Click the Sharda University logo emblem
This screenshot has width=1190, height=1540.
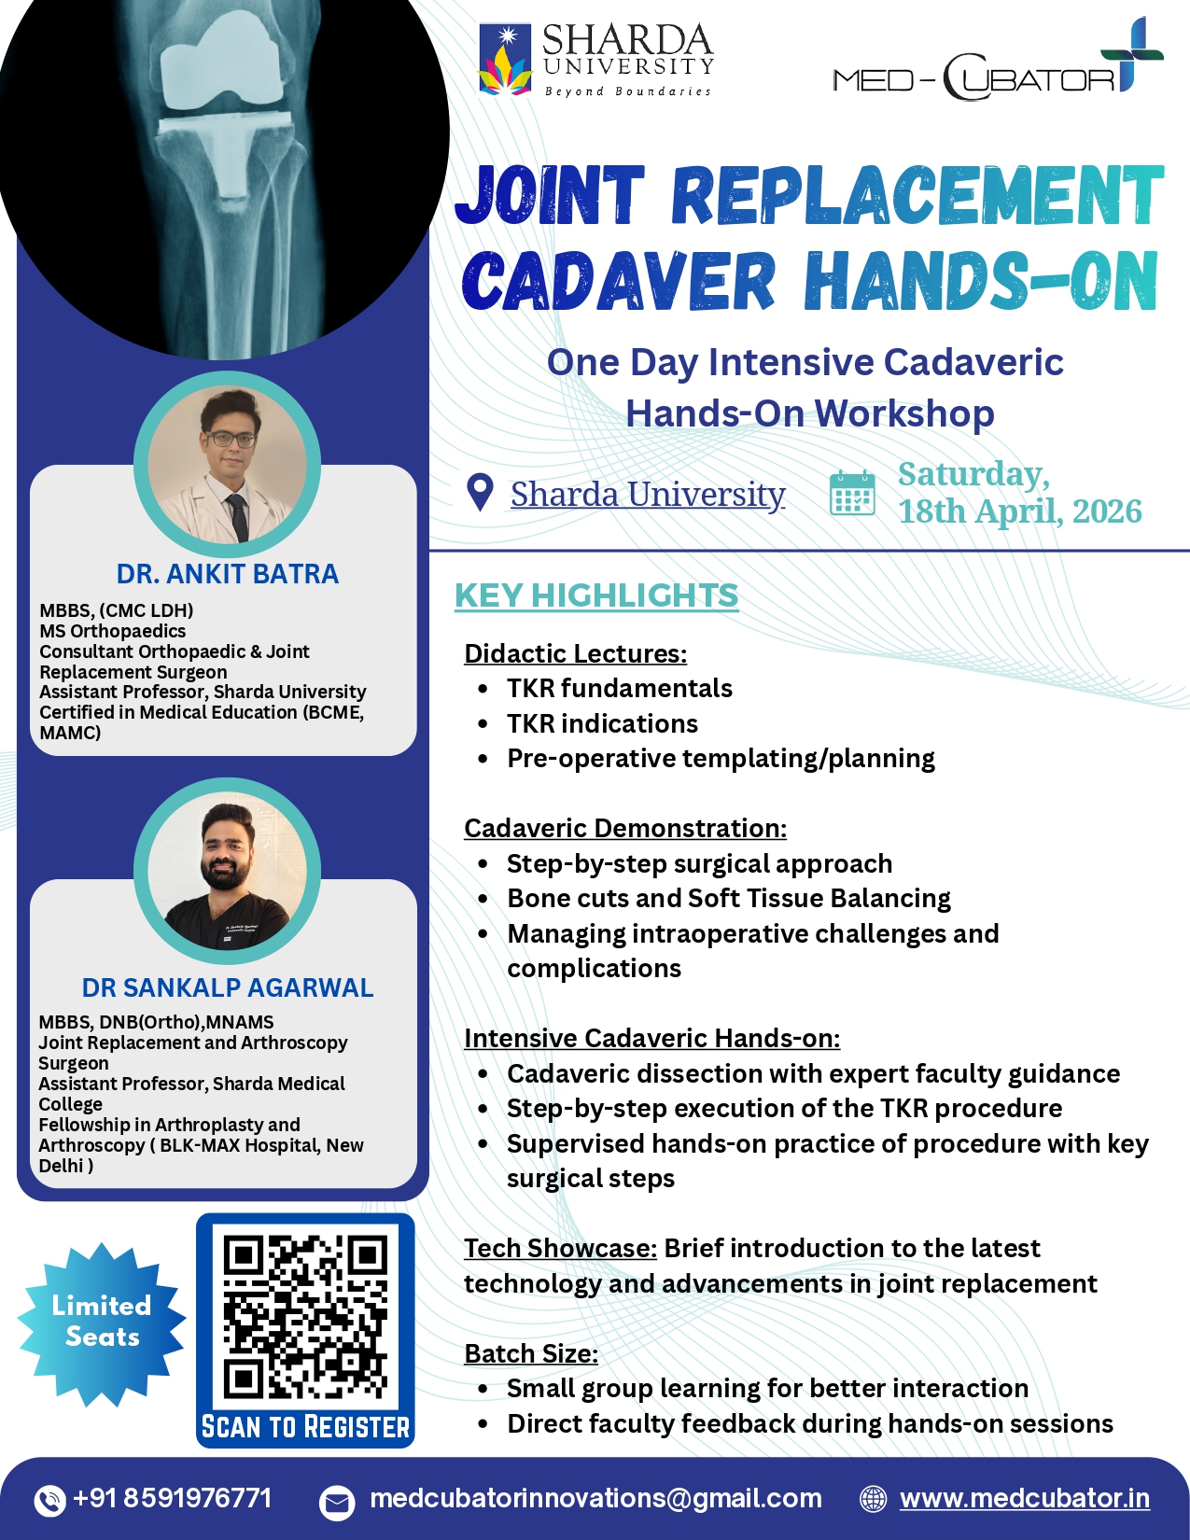(505, 60)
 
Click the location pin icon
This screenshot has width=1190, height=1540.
(481, 493)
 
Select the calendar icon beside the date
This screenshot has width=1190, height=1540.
(852, 493)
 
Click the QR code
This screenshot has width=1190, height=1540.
(305, 1316)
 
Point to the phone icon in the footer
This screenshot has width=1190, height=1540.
(49, 1500)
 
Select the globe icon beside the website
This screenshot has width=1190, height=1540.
(874, 1500)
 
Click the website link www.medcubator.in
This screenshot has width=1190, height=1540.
(1025, 1499)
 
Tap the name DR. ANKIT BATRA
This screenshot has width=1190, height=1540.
(228, 574)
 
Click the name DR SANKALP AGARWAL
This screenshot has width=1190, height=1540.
(228, 987)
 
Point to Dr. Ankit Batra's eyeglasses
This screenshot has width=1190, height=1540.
(231, 440)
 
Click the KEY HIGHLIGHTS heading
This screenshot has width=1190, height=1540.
(596, 595)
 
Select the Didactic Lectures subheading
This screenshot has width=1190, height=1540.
(576, 653)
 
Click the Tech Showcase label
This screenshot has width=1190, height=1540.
(561, 1248)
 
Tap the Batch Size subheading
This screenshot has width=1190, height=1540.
(531, 1353)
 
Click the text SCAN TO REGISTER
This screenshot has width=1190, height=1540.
(305, 1427)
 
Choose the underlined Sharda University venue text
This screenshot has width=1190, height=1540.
(648, 494)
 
